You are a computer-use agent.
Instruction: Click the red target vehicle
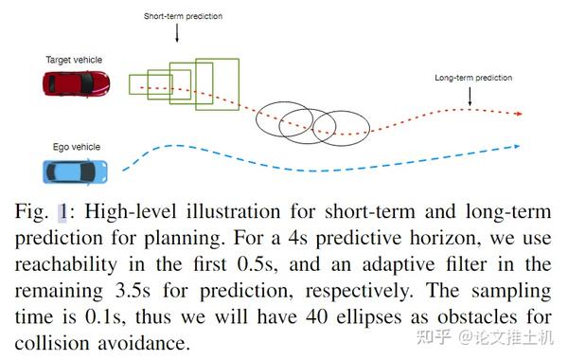pos(75,84)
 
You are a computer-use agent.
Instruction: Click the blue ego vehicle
pos(75,171)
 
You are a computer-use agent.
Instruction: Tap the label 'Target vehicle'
pos(74,60)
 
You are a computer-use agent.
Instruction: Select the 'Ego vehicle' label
pos(77,147)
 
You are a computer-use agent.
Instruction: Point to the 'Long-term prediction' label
pos(472,77)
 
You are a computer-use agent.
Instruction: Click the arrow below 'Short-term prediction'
pos(178,35)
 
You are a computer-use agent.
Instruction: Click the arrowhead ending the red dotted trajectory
pos(517,113)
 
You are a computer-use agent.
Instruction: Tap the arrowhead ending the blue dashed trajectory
pos(516,146)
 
